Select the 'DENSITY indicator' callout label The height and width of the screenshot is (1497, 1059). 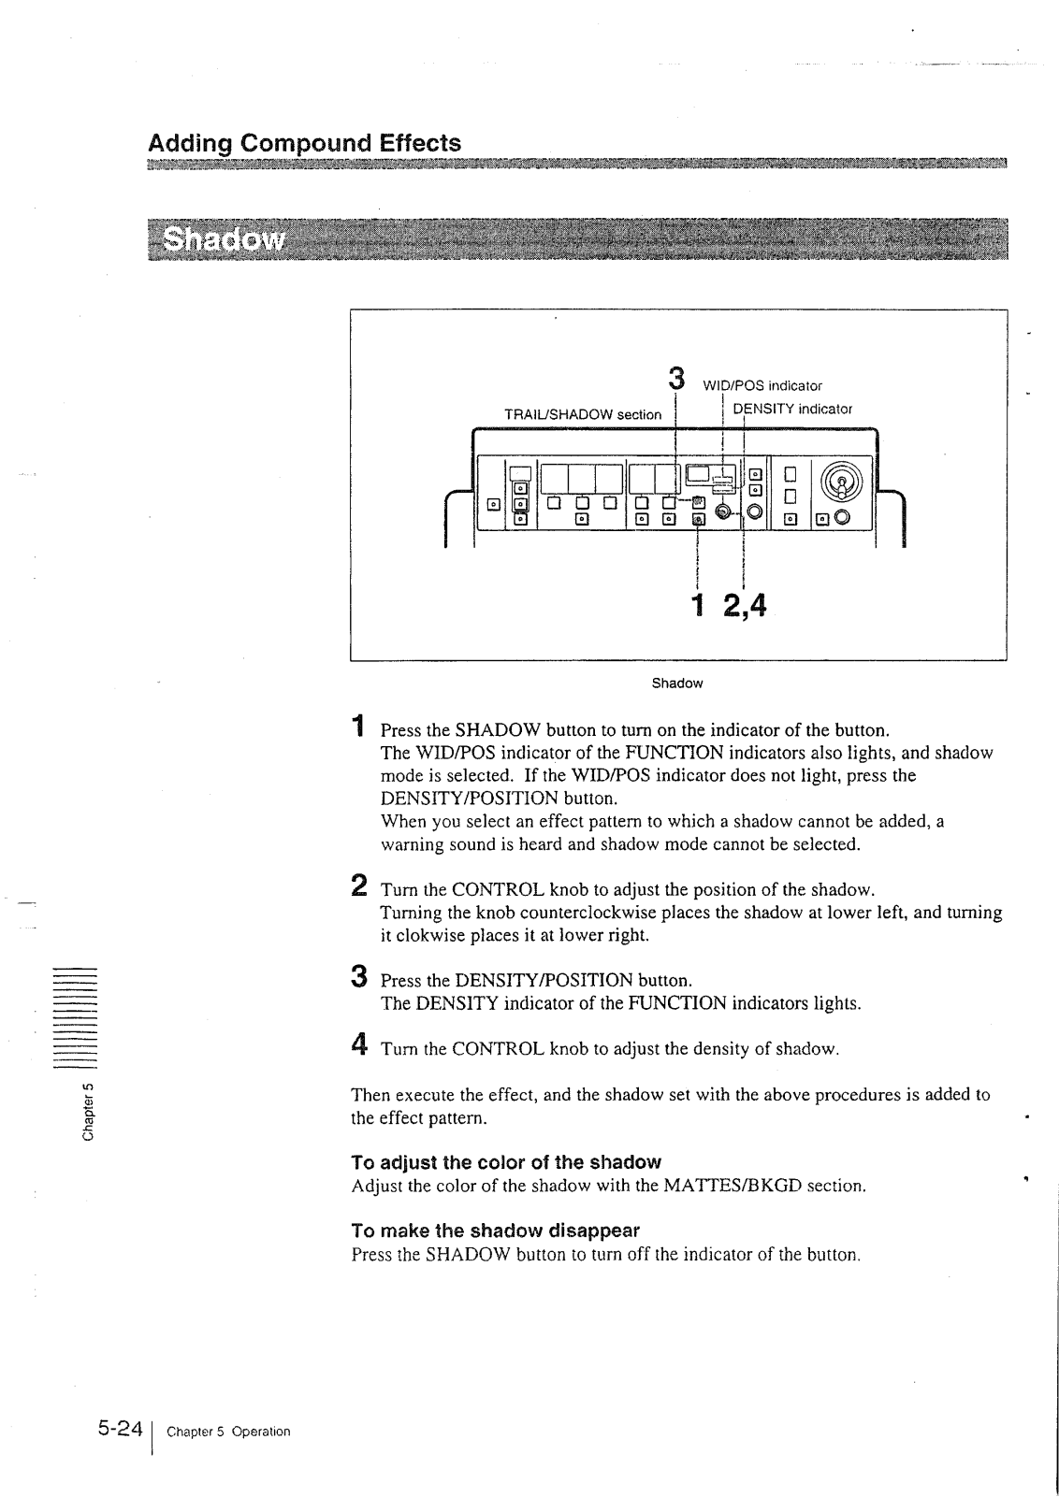792,409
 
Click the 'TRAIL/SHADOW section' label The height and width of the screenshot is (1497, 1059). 582,414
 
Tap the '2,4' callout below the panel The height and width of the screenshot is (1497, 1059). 744,605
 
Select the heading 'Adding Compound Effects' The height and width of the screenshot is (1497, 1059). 304,143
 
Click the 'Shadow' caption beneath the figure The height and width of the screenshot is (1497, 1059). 676,684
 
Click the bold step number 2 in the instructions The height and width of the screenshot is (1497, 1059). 358,885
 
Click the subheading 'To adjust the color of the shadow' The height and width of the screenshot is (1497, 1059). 505,1162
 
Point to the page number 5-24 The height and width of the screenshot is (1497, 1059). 119,1429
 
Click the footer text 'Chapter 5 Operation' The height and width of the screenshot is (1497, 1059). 228,1432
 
